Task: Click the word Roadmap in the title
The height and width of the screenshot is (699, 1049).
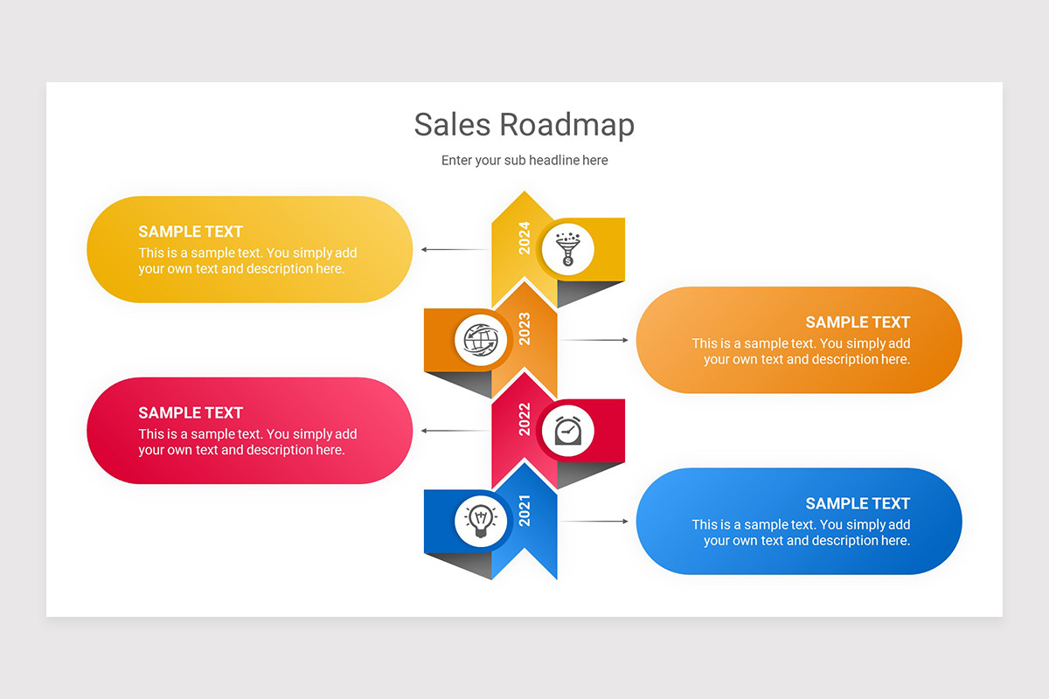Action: [567, 125]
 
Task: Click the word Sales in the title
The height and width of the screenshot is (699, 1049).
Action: [452, 125]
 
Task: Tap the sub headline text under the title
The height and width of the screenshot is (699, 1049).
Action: [524, 160]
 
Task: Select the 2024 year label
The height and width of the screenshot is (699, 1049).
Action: [524, 238]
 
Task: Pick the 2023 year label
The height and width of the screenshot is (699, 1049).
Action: [524, 329]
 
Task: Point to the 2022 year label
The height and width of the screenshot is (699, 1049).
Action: [524, 419]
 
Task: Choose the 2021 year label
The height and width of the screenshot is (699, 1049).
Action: [524, 510]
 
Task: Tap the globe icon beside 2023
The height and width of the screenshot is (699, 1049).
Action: [481, 340]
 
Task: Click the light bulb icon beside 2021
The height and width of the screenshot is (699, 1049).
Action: [481, 522]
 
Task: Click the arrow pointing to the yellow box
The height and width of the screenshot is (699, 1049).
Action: [455, 250]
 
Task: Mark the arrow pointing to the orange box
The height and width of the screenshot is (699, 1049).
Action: [594, 340]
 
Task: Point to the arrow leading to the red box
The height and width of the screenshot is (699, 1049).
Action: [455, 431]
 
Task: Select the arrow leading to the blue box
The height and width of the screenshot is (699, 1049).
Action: [594, 522]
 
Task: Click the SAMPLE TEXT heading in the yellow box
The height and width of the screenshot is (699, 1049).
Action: [191, 232]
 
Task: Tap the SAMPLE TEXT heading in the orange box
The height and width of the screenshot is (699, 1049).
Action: [858, 322]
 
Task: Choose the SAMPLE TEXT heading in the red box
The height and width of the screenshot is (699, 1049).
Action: [191, 412]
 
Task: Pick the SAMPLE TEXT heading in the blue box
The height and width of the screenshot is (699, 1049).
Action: [858, 503]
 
